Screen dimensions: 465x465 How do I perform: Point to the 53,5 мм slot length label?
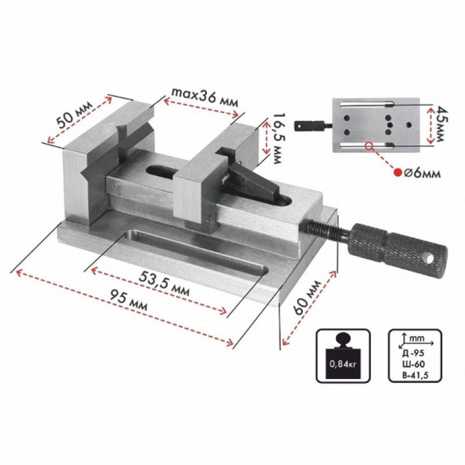tap(164, 283)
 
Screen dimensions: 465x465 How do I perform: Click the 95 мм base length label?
tap(128, 299)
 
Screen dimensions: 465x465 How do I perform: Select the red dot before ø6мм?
tap(397, 172)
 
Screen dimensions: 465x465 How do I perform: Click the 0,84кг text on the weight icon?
tap(343, 364)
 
